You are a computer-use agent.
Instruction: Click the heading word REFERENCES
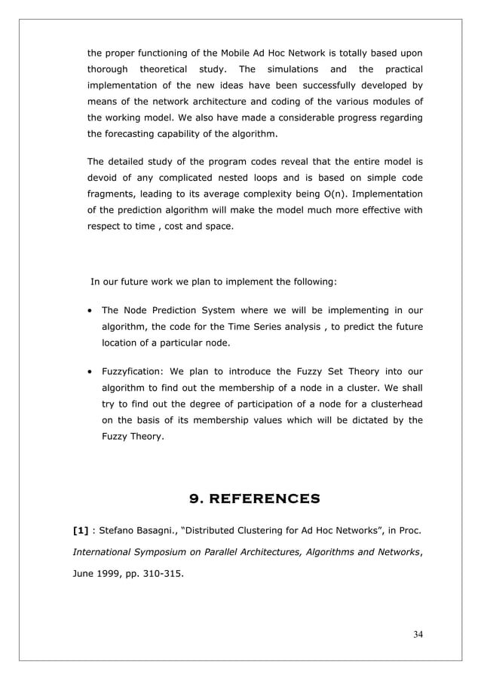point(265,498)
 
